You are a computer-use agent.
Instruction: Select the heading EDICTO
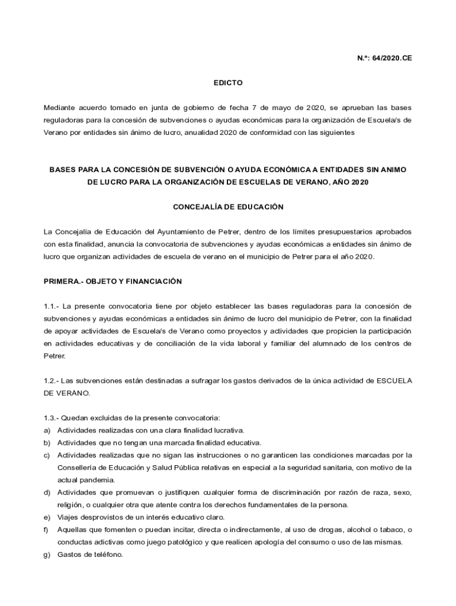228,83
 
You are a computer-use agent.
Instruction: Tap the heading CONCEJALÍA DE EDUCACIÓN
228,207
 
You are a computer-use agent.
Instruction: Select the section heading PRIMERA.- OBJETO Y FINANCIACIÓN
113,282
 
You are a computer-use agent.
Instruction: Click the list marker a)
47,430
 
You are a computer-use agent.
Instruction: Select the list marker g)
47,555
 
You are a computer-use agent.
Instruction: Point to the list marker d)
47,492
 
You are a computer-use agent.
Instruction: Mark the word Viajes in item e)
69,517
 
